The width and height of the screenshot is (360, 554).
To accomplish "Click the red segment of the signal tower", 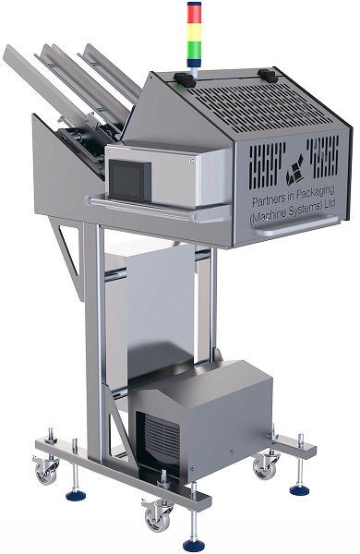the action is click(195, 13).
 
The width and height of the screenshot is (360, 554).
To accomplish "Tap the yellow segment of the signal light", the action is click(195, 32).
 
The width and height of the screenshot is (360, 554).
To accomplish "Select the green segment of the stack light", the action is click(195, 50).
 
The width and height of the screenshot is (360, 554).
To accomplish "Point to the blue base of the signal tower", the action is click(194, 63).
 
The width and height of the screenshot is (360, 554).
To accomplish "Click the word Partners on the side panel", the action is click(268, 200).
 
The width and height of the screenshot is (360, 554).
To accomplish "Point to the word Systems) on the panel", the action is click(305, 210).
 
